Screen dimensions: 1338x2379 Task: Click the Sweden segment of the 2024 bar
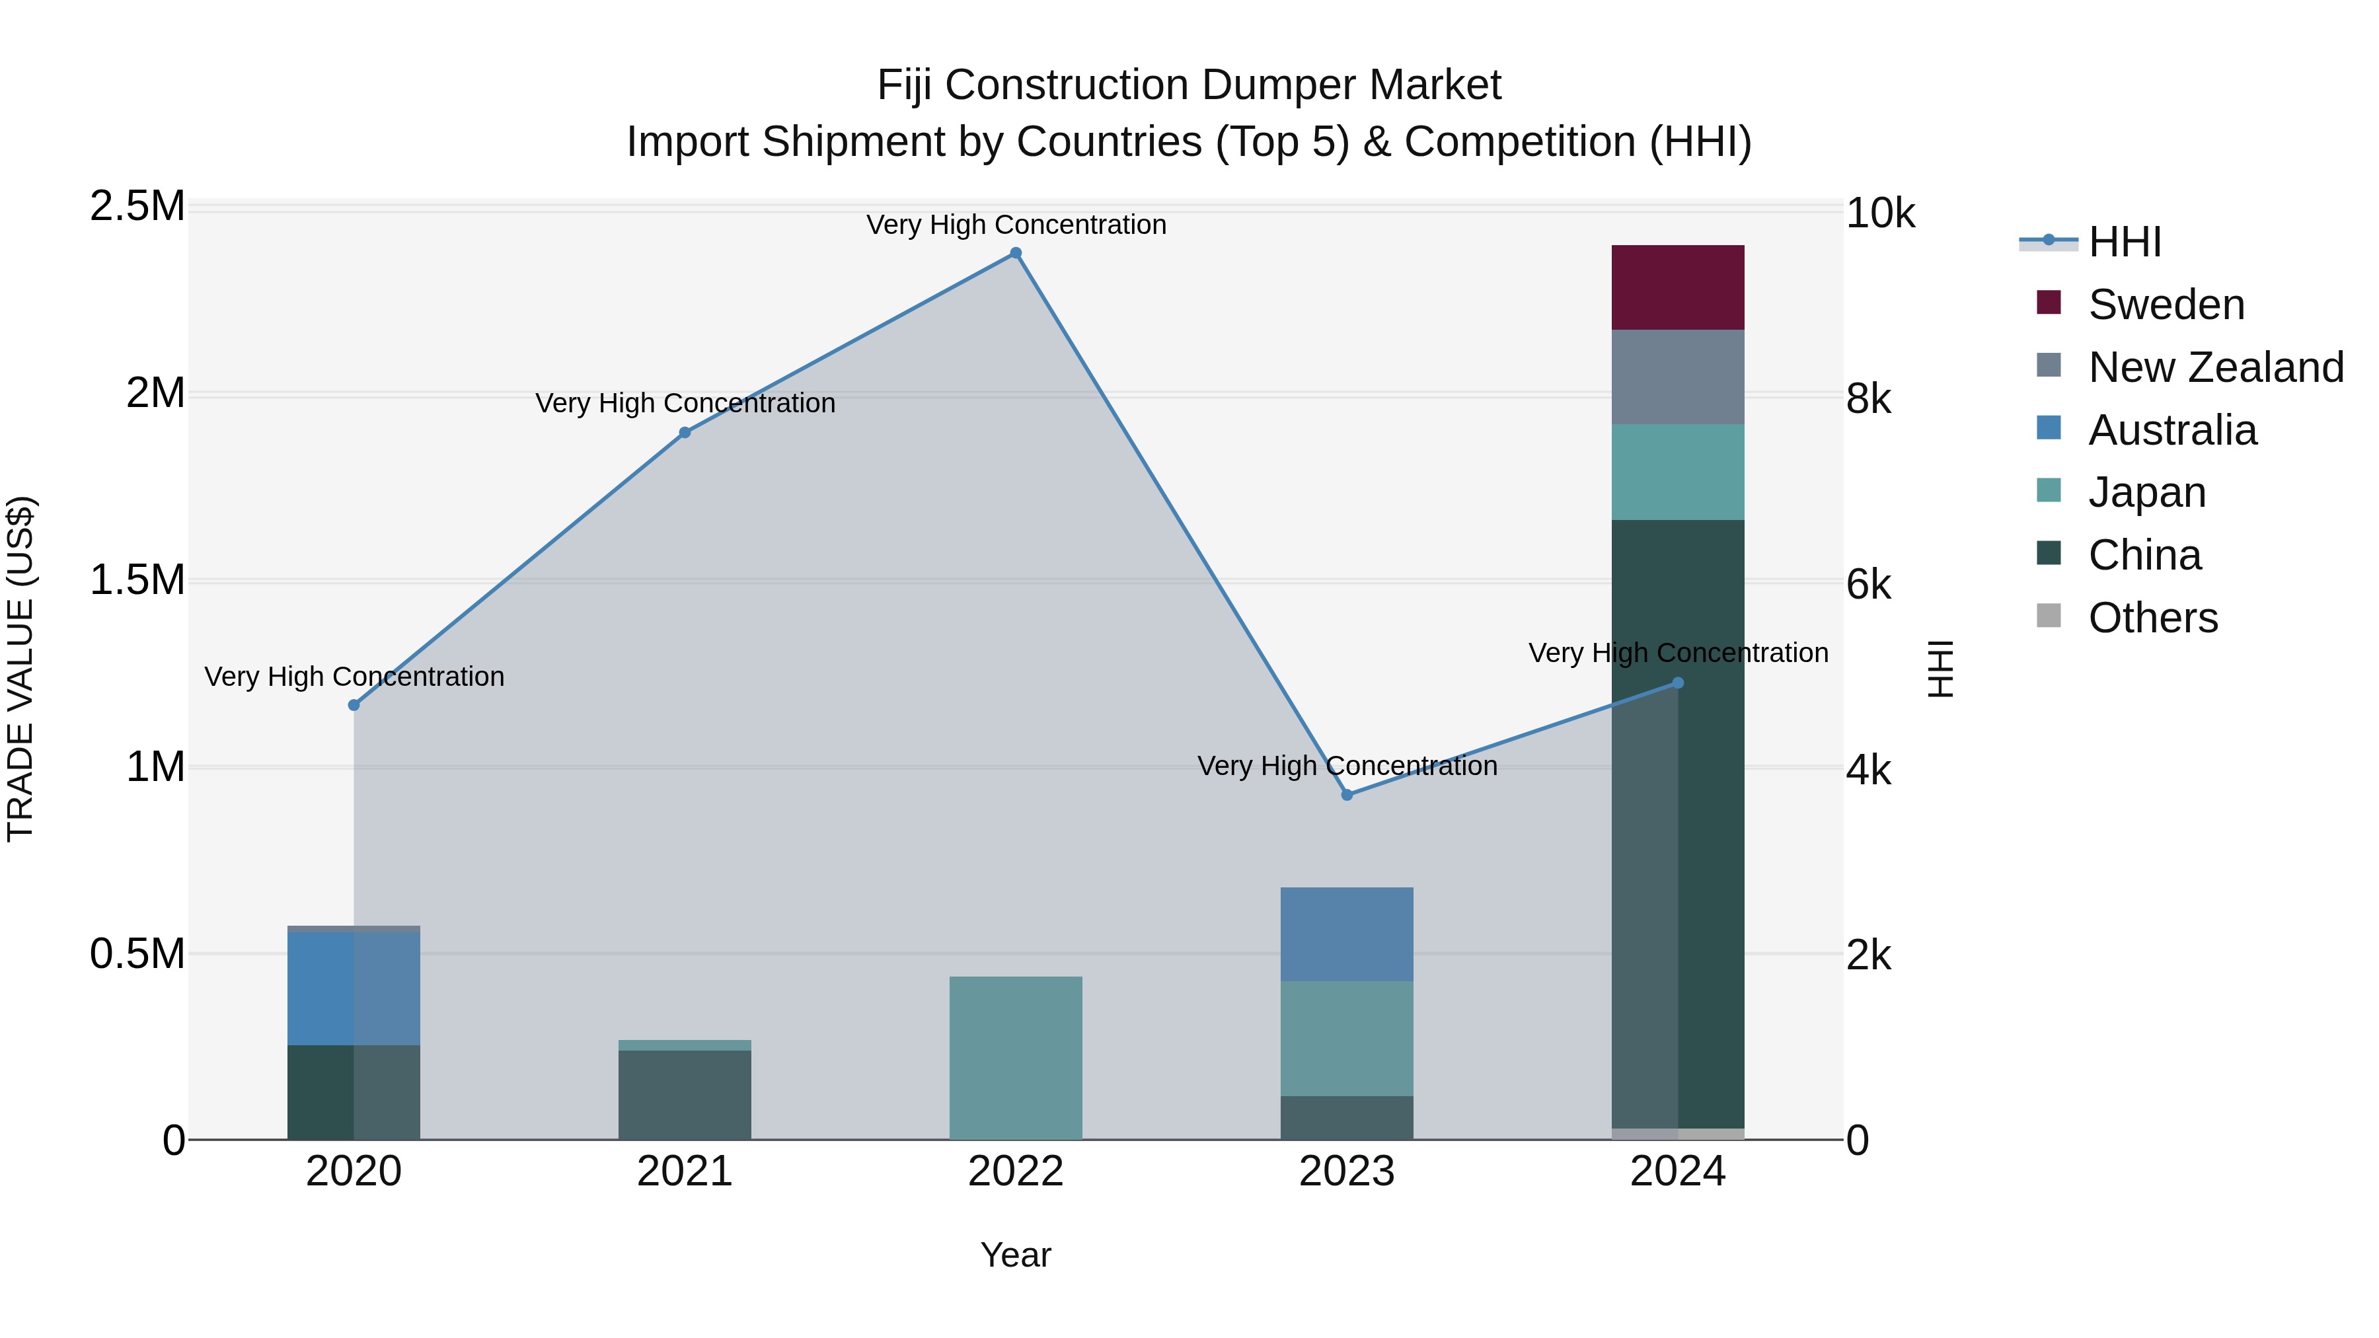pos(1677,287)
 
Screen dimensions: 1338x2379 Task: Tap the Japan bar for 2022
pos(1015,1057)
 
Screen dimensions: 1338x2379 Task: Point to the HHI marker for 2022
pos(1015,253)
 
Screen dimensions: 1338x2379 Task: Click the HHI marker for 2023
pos(1347,794)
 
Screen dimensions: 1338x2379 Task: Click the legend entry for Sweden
pos(2166,305)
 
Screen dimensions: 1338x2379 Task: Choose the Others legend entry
pos(2152,618)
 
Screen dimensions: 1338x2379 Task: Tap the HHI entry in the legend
pos(2124,242)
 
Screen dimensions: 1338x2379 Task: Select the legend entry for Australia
pos(2171,430)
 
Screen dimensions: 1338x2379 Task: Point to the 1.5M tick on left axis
pos(137,580)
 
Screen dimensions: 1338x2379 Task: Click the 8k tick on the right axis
pos(1868,399)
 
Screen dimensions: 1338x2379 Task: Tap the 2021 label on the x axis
pos(685,1171)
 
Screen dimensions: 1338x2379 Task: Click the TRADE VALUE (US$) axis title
pos(20,669)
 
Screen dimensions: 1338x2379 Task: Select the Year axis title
pos(1015,1255)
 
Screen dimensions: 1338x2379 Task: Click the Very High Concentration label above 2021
pos(685,404)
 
